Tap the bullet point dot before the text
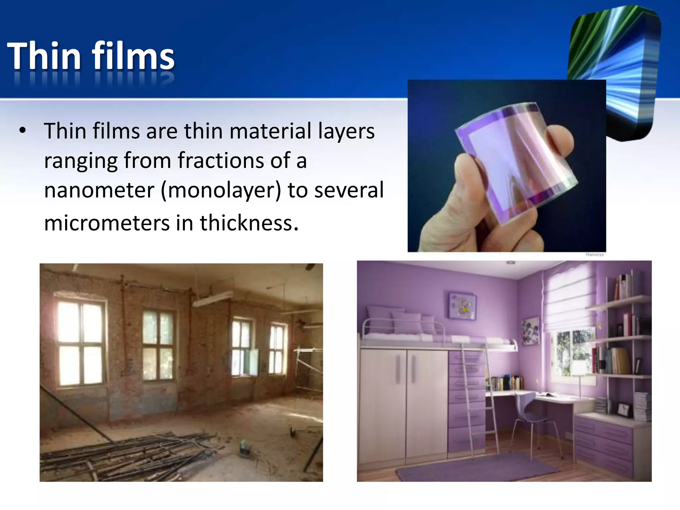coord(22,130)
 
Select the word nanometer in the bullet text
coord(99,190)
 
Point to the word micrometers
coord(106,222)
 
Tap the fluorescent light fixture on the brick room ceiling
coord(212,299)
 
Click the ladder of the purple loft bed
coord(478,398)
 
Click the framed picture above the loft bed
coord(462,305)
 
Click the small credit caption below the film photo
coord(595,255)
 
